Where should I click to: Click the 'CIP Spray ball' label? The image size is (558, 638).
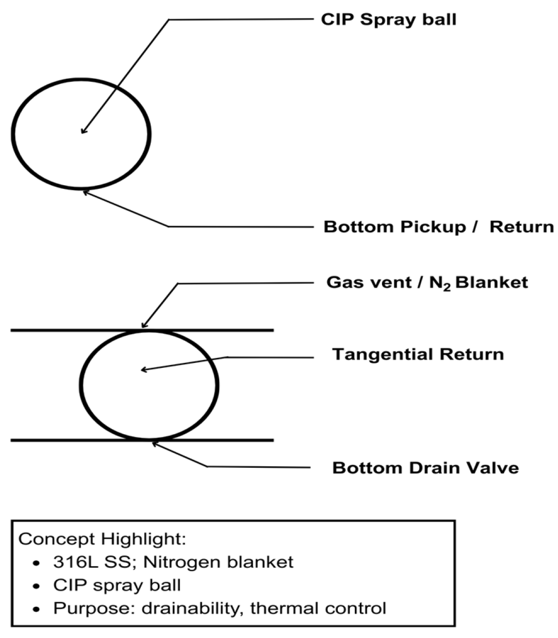(389, 20)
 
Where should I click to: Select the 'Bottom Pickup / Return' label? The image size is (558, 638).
(438, 227)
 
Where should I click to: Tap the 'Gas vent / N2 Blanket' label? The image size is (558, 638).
(427, 283)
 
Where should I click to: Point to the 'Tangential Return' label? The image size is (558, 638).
(418, 354)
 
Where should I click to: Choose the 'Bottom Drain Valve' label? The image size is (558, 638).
(425, 468)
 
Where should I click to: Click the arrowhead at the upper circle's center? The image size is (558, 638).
(83, 132)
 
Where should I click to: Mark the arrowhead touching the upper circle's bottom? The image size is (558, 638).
(85, 190)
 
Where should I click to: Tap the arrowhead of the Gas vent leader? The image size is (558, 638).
(144, 326)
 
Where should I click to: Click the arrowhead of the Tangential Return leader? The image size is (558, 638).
(143, 370)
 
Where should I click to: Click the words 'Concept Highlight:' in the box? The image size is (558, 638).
(103, 540)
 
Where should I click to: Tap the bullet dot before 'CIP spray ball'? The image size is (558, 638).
(36, 586)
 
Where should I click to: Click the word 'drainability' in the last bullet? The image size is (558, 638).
(189, 608)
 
